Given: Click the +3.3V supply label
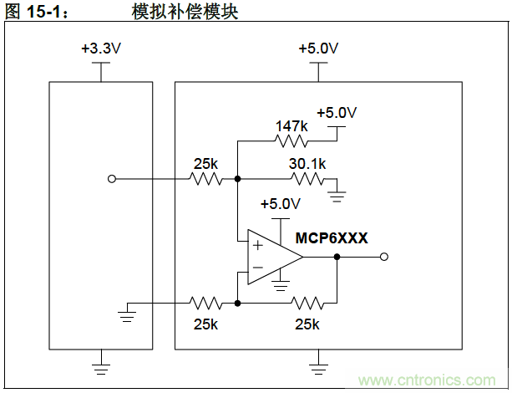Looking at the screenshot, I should [x=101, y=48].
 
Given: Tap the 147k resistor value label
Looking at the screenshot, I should [x=291, y=126].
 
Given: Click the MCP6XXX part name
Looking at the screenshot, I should [x=332, y=238].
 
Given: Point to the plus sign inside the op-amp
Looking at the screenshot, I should [x=256, y=246].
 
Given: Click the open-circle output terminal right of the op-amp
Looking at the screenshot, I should [x=384, y=258].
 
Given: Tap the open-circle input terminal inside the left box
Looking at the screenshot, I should [x=112, y=178].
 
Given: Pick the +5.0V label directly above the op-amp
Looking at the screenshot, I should [x=280, y=203].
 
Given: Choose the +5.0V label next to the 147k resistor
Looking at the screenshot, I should [x=337, y=113].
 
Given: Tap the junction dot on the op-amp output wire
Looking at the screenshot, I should [x=337, y=258].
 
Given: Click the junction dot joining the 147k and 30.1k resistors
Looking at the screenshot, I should [x=238, y=178].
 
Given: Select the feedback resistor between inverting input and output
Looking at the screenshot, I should [x=306, y=303].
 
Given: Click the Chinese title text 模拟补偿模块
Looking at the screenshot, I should [x=180, y=12].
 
